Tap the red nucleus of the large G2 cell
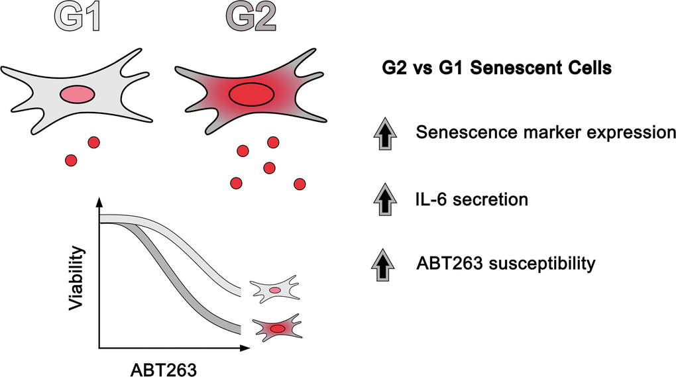pyautogui.click(x=250, y=93)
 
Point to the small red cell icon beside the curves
pyautogui.click(x=277, y=328)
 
